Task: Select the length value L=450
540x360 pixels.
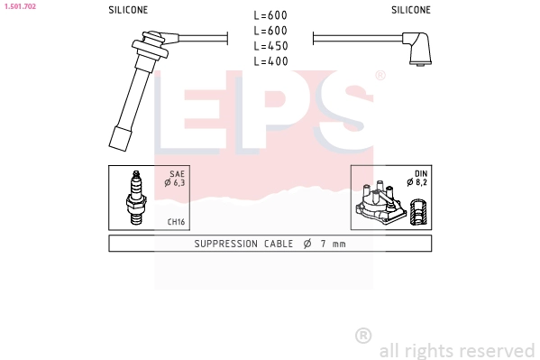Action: coord(270,46)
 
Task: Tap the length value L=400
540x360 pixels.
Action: coord(270,61)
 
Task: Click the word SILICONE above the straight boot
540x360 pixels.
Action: coord(128,10)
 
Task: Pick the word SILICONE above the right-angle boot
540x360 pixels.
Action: coord(411,10)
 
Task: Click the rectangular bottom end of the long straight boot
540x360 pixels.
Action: coord(118,141)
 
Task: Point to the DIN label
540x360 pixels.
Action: coord(420,172)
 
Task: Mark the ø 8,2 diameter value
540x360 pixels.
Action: coord(417,183)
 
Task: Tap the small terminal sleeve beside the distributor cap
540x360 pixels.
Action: coord(417,214)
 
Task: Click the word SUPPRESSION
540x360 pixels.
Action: coord(224,245)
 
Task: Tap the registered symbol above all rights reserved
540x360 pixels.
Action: coord(363,335)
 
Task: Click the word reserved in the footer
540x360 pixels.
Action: coord(496,350)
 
